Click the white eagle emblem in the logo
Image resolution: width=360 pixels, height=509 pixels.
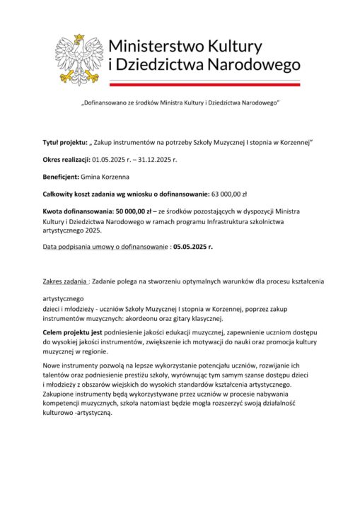tap(79, 57)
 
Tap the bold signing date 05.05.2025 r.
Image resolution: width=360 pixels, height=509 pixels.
tap(193, 248)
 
